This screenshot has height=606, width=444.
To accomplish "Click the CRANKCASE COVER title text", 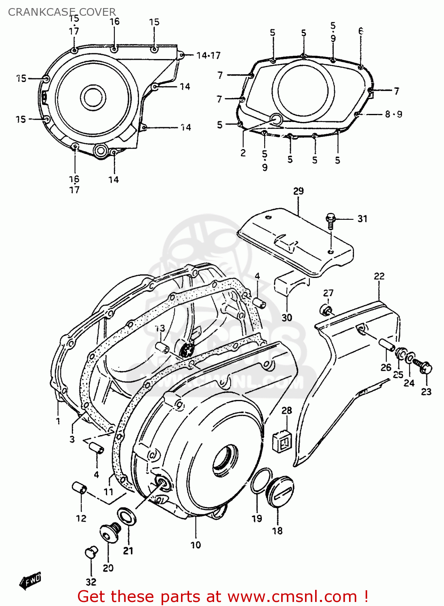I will click(62, 12).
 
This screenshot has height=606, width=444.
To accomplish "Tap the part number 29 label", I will click(298, 191).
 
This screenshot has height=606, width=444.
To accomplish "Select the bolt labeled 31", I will click(330, 220).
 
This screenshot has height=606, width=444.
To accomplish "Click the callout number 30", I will click(287, 318).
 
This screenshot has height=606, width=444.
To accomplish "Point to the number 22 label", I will click(379, 276).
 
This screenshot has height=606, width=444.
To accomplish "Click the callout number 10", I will click(196, 545).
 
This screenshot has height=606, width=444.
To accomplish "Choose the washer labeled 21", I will click(126, 517).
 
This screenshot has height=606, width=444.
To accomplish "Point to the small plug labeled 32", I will click(91, 552).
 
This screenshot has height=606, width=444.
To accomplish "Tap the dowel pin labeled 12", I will click(79, 488).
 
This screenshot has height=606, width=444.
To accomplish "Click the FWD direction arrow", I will click(30, 581).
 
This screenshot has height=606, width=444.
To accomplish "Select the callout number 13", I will click(160, 328).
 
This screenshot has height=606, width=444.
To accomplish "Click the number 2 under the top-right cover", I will click(243, 153).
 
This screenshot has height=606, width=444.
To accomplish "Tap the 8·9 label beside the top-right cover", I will click(393, 114).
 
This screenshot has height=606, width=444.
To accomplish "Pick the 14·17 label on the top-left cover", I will click(208, 55).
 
